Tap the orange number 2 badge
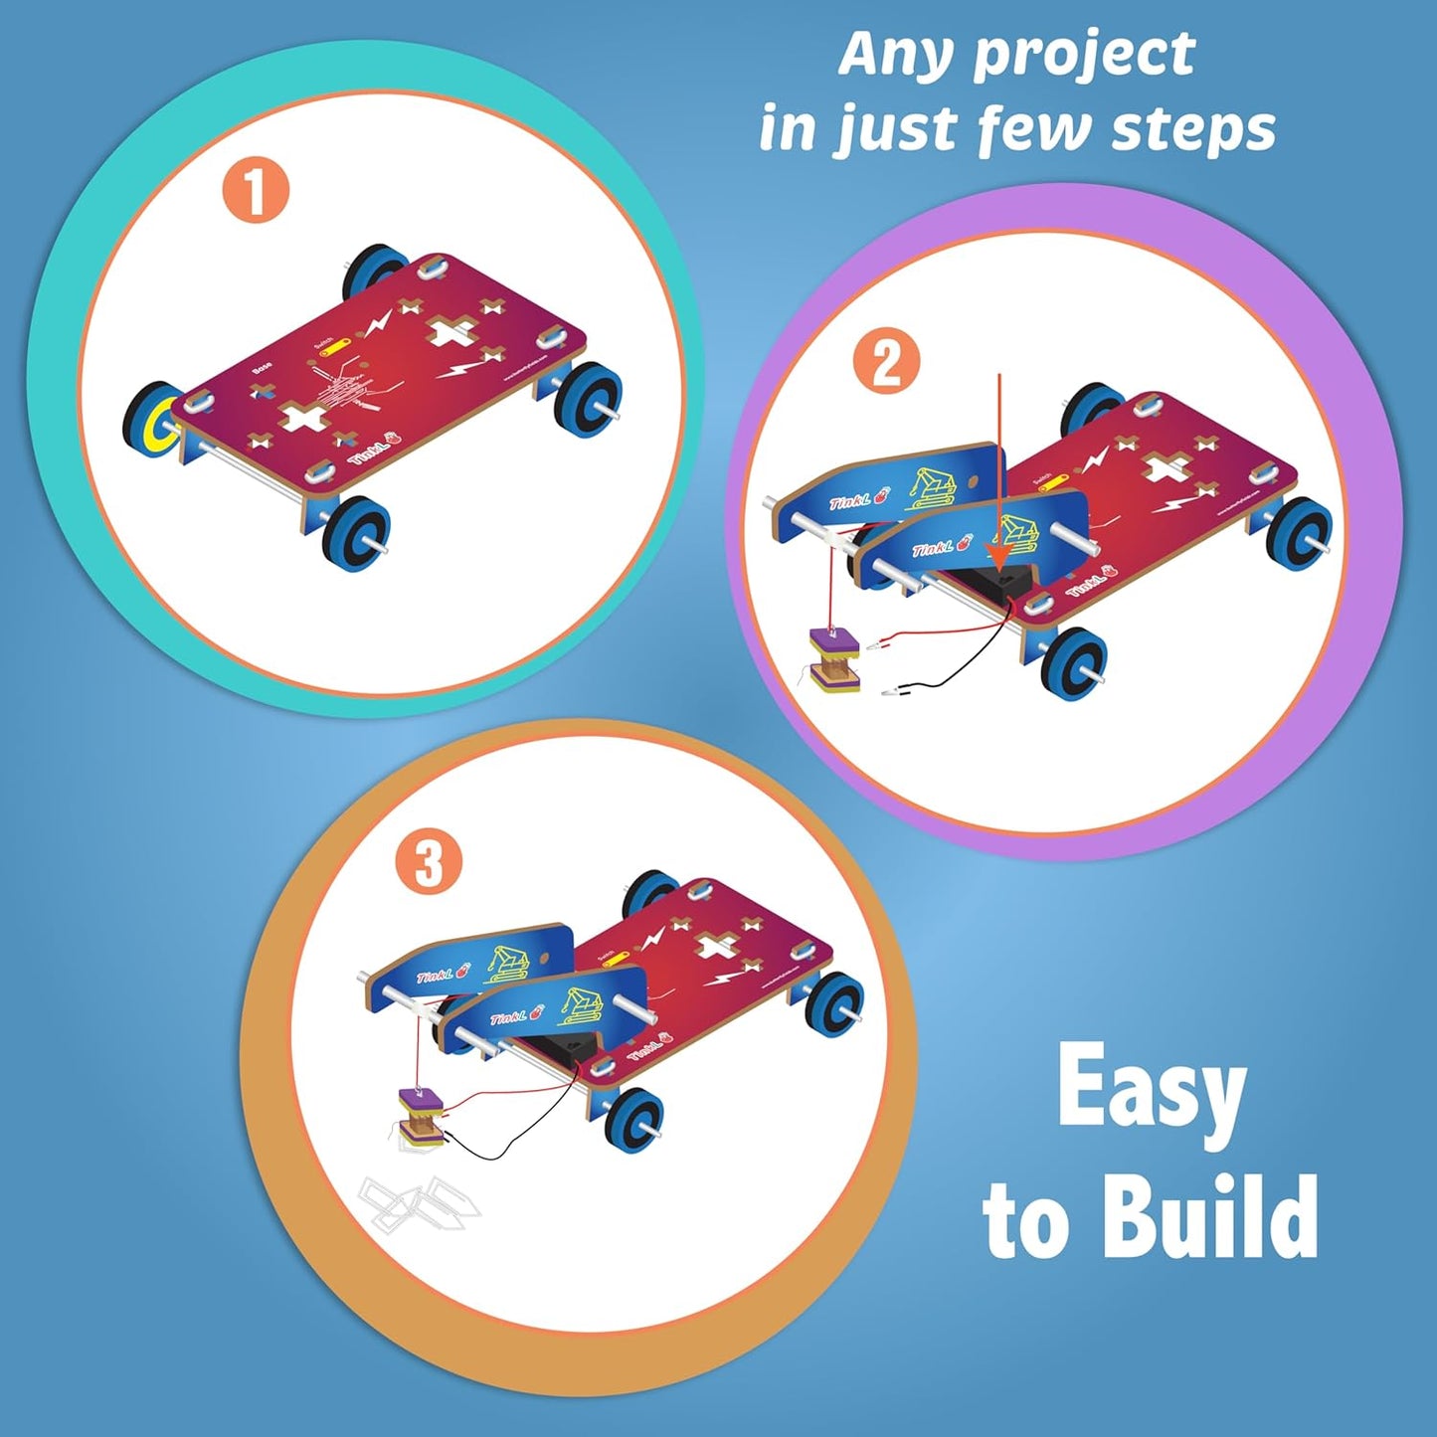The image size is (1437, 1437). coord(886,361)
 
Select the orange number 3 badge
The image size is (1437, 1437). coord(429,863)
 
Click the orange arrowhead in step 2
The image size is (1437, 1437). coord(998,553)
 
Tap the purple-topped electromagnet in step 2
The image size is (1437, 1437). coord(833,657)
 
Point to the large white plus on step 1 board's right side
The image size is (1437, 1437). coord(453,332)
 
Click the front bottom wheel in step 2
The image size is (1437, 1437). coord(1074,663)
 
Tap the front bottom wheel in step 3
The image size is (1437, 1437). coord(632,1120)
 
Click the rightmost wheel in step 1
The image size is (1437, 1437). coord(587,396)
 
